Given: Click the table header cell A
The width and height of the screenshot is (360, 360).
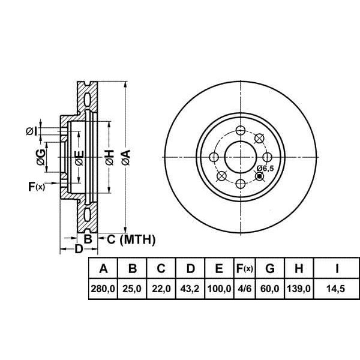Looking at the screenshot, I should point(103,268).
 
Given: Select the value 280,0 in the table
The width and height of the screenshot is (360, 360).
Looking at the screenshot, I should point(103,289).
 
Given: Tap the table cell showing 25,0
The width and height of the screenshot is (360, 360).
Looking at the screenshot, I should point(132,289).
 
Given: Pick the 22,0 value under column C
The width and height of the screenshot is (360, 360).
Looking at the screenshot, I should point(161,289).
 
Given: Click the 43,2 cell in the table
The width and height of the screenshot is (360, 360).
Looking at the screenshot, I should point(190,289).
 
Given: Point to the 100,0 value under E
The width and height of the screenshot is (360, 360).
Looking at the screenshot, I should point(219,289).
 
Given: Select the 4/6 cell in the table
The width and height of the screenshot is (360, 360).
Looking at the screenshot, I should point(244,289).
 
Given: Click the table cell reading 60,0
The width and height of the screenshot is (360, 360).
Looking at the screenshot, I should point(270,289).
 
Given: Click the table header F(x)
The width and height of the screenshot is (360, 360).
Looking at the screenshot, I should point(244,268).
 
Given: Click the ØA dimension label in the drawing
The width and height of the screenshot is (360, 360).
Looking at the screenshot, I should point(125,158).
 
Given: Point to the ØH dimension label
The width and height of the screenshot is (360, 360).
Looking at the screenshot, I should point(109,158).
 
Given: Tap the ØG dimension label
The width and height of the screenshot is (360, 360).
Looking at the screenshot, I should point(39,158).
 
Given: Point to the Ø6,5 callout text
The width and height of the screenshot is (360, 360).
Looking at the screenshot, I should point(265,169).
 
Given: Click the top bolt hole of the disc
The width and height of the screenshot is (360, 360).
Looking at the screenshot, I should point(240,131).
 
